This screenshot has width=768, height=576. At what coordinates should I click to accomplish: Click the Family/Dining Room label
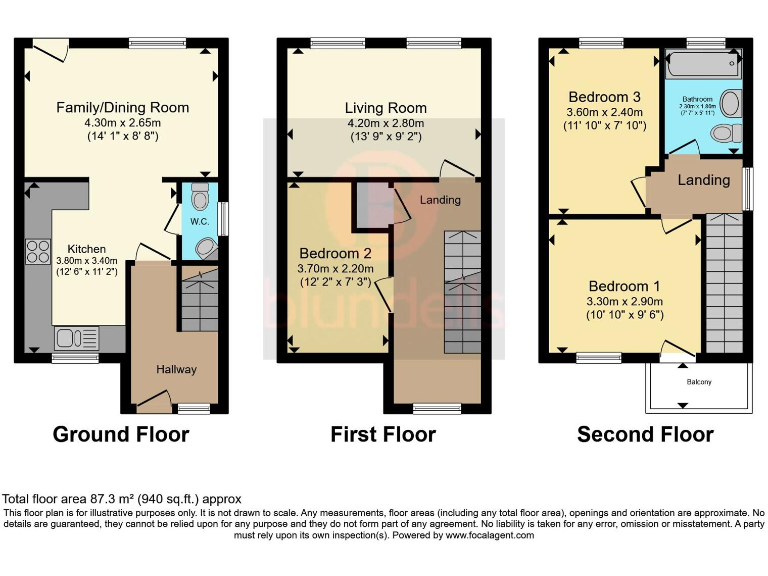122,108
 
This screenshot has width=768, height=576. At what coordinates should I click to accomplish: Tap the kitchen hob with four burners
38,249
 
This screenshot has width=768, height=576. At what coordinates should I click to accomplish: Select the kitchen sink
71,337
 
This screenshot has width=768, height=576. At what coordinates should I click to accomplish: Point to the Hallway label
176,369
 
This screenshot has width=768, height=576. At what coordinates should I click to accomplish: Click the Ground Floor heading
120,434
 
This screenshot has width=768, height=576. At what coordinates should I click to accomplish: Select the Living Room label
385,108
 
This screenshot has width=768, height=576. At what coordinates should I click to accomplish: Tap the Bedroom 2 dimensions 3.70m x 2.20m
335,268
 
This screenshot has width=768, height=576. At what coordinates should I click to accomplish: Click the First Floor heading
383,434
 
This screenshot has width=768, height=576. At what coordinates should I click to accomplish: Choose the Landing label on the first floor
440,200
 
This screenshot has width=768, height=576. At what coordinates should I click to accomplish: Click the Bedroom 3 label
598,97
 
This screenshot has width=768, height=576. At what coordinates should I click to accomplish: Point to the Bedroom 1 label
623,283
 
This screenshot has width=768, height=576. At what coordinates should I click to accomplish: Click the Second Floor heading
645,434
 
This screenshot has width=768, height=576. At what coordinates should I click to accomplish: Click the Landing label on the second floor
704,180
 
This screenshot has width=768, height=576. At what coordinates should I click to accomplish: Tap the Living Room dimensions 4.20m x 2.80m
385,123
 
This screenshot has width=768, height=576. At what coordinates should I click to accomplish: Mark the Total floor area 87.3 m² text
122,498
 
